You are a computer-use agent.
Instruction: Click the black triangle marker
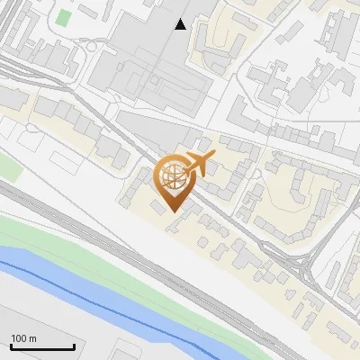tap(181, 24)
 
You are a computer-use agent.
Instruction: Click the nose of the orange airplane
tap(214, 157)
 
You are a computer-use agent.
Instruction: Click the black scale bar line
tap(41, 347)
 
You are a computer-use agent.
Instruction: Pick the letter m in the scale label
tap(33, 338)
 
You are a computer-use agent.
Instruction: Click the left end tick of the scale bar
tap(10, 346)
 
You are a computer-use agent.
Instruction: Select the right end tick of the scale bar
tap(74, 346)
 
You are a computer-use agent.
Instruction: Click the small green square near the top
tap(63, 17)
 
